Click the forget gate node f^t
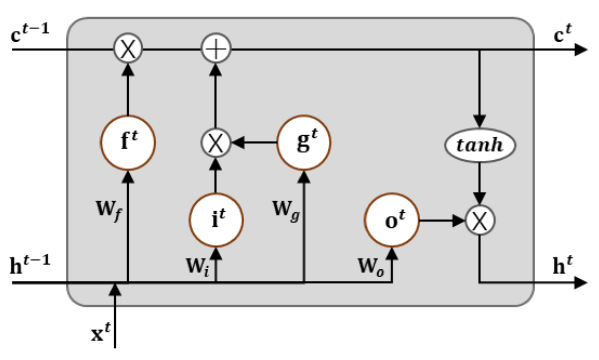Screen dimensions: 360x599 click(x=128, y=143)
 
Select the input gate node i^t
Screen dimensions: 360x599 click(x=216, y=220)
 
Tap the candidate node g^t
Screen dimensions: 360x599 click(x=304, y=142)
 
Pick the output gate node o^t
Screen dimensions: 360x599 click(x=392, y=220)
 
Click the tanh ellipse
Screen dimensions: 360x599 click(x=480, y=145)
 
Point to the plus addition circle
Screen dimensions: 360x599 click(x=216, y=49)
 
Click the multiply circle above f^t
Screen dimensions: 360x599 click(x=128, y=49)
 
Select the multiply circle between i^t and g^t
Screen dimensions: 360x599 click(x=216, y=143)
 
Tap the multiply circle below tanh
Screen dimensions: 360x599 click(x=480, y=220)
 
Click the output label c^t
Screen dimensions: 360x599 click(x=562, y=34)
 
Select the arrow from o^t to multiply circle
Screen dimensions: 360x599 click(x=442, y=220)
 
